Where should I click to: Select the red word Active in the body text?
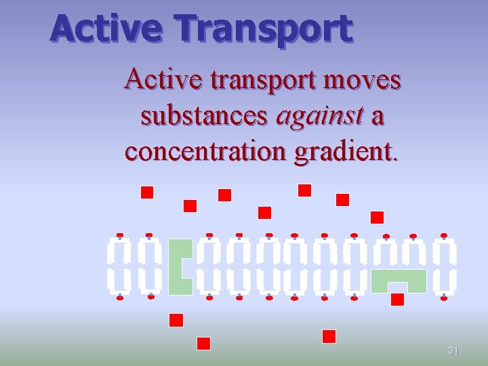pos(163,81)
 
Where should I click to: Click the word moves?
pos(363,81)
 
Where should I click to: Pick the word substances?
pos(204,117)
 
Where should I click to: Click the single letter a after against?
pos(378,117)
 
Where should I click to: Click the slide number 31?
pos(453,351)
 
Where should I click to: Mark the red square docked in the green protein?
pos(398,299)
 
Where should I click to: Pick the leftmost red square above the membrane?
pos(147,192)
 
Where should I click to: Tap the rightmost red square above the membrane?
pos(378,218)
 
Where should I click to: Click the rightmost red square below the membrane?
pos(329,336)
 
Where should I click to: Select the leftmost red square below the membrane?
pos(176,320)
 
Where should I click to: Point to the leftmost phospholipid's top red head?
pos(120,235)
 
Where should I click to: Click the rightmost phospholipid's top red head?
pos(444,235)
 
